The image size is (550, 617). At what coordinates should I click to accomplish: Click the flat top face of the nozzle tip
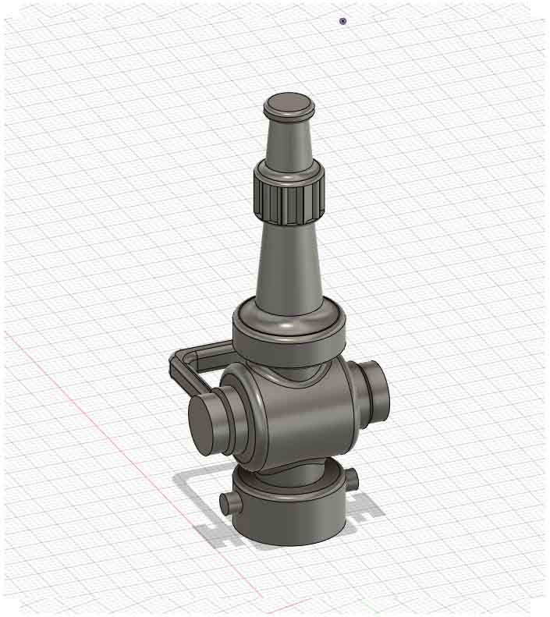click(289, 103)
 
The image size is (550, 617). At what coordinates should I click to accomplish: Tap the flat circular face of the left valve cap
click(205, 423)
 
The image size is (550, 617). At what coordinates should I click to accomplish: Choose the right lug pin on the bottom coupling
click(352, 477)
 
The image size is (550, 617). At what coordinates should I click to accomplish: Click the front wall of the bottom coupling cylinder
click(289, 519)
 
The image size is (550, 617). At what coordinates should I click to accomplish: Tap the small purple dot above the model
click(342, 21)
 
